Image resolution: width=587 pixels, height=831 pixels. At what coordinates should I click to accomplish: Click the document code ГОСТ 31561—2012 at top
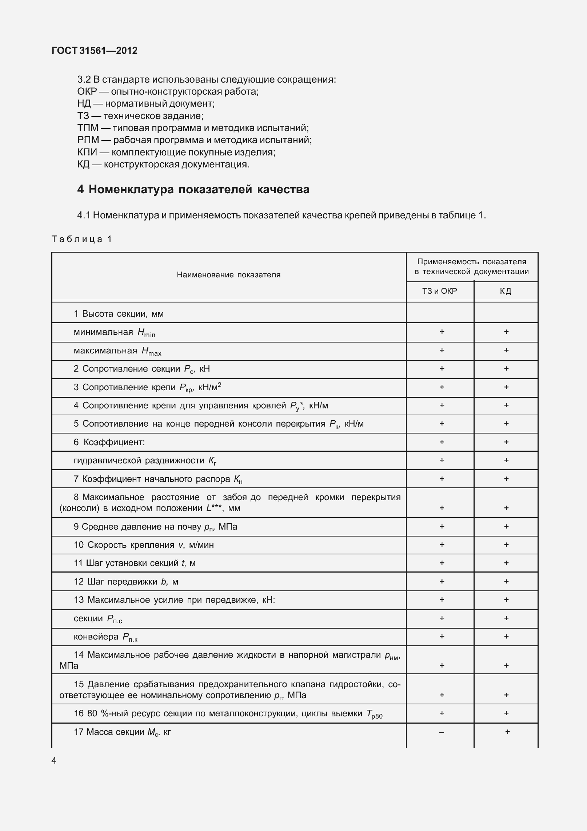95,51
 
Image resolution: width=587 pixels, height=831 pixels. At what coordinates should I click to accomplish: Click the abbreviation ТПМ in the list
88,128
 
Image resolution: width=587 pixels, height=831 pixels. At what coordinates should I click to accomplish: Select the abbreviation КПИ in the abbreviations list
87,152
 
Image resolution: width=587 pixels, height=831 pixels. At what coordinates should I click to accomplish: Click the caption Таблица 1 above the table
82,239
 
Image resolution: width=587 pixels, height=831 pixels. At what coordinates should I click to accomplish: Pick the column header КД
506,291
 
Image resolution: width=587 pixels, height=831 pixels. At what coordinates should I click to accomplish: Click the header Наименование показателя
228,275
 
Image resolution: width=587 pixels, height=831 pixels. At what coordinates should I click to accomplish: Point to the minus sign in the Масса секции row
442,732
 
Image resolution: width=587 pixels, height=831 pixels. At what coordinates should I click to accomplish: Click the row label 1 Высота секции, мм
119,314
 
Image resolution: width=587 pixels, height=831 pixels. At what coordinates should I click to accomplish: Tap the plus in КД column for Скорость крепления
506,545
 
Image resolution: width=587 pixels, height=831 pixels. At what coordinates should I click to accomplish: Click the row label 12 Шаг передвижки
126,582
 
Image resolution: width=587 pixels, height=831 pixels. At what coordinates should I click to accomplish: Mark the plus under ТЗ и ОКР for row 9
442,526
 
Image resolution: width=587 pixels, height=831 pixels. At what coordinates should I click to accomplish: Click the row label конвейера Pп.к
105,637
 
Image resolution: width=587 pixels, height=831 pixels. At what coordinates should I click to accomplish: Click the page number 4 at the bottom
54,761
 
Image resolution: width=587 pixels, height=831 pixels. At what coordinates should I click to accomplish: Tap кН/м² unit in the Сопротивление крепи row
210,387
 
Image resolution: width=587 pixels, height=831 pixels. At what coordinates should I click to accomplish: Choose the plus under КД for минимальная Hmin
506,332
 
